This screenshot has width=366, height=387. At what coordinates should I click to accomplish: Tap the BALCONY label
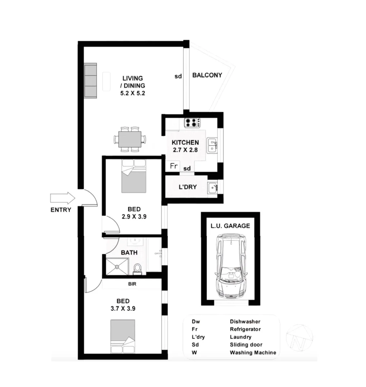click(x=207, y=75)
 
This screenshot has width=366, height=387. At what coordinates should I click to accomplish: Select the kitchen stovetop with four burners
click(x=192, y=123)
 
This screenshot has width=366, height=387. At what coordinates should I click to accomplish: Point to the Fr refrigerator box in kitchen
click(x=174, y=166)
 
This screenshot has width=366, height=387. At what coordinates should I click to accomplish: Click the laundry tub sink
click(x=213, y=187)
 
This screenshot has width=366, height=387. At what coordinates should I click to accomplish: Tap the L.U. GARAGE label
click(x=230, y=226)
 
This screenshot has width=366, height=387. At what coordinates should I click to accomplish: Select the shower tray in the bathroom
click(x=117, y=266)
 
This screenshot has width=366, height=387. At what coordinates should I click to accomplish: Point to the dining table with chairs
click(x=130, y=139)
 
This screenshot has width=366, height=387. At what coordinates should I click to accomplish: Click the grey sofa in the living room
click(x=91, y=81)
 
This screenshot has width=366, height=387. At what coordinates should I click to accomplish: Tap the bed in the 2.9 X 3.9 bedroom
click(x=134, y=176)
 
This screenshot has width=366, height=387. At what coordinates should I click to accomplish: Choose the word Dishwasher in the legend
click(x=245, y=322)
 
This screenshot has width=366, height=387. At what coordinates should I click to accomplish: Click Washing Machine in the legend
click(x=253, y=353)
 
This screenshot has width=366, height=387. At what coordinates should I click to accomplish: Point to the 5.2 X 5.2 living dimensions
click(x=133, y=93)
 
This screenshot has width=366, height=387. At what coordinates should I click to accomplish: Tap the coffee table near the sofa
click(x=107, y=81)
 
